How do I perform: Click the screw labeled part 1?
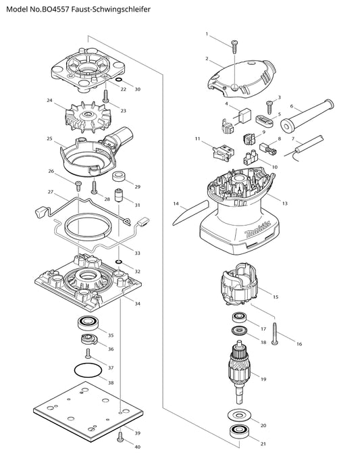click(234, 47)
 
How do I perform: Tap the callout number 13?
click(284, 203)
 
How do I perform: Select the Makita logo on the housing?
click(257, 228)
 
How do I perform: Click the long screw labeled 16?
click(275, 334)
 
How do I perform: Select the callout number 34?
click(137, 303)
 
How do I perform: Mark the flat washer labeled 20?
click(238, 415)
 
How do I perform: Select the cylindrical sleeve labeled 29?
click(119, 176)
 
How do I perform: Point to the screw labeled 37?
click(88, 353)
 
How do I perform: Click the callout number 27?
click(51, 192)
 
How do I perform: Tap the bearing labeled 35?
click(88, 323)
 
